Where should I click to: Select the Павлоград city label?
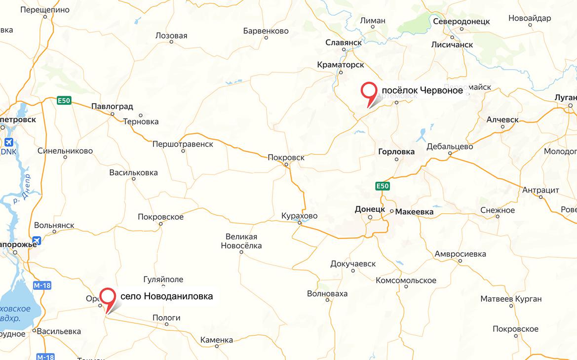coord(112,106)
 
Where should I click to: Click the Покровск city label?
coord(286,158)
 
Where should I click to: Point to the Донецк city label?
coord(370,209)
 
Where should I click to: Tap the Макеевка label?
coord(415,212)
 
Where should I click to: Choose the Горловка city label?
coord(396,152)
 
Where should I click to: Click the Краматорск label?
coord(341,65)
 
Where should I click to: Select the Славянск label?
coord(344,43)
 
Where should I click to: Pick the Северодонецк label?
coord(461,22)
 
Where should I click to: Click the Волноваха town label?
coord(327,293)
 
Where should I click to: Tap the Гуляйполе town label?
coord(163,280)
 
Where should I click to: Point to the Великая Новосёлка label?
coord(241,241)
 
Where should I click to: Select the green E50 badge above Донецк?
coord(383,186)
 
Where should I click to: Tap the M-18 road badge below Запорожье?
coord(42,285)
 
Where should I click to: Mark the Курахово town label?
coord(299,216)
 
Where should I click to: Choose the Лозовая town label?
coord(171,36)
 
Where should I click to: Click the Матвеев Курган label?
coord(511,299)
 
